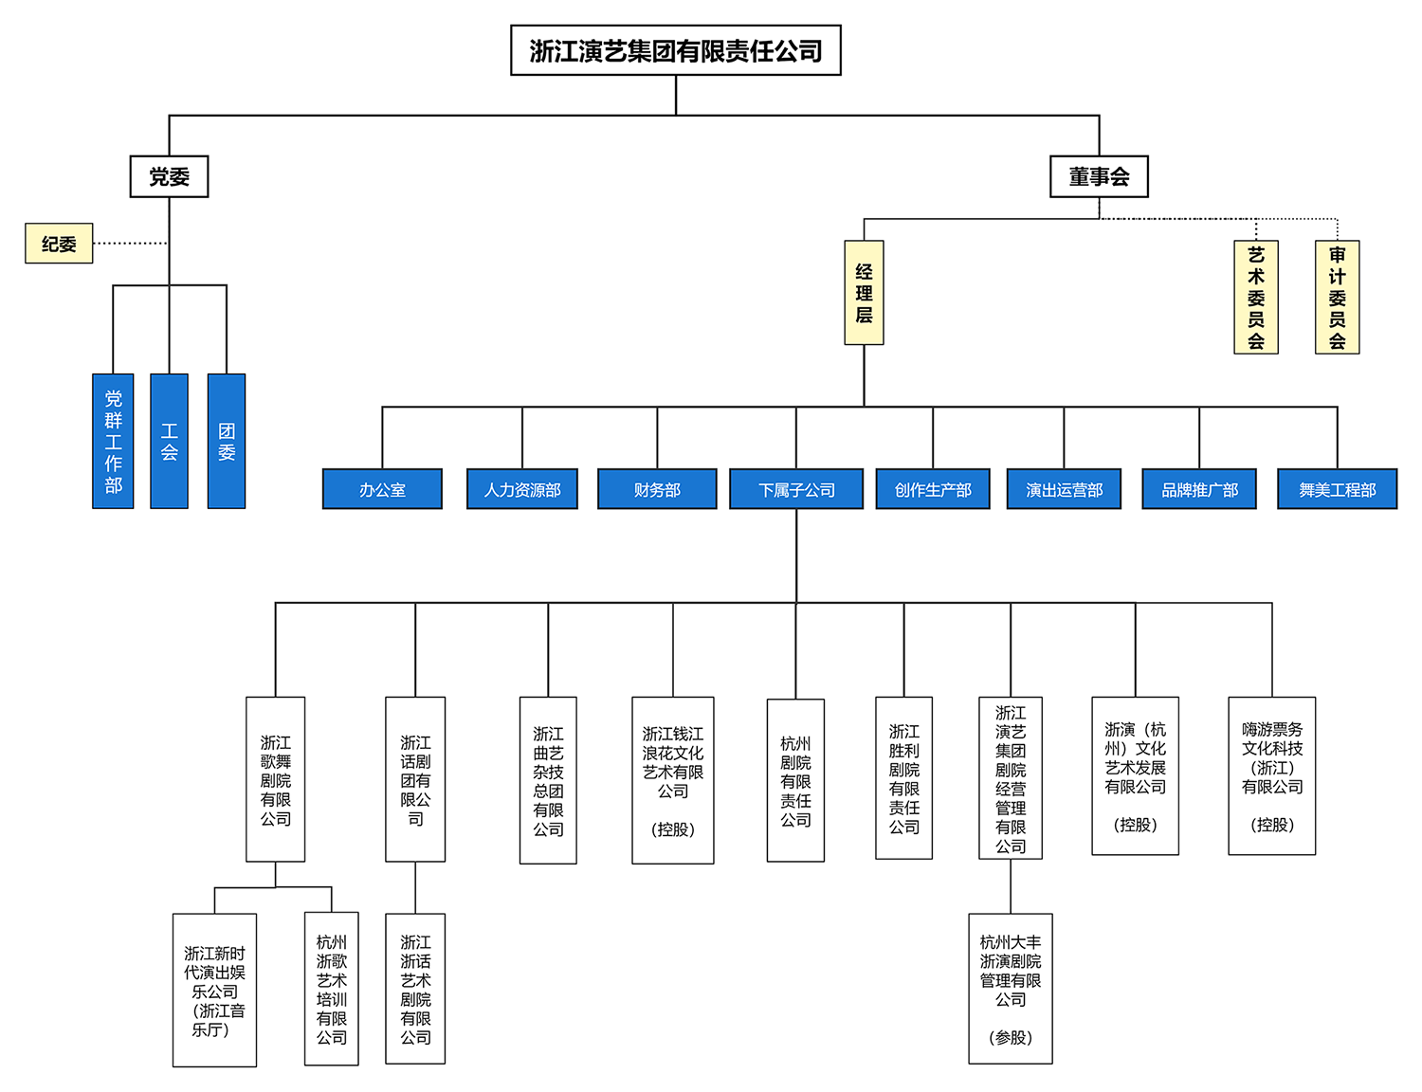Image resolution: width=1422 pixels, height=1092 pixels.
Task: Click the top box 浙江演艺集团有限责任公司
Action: pos(675,50)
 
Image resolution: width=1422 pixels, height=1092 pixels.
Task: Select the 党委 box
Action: pos(169,176)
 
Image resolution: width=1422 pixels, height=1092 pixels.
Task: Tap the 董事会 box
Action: pos(1099,176)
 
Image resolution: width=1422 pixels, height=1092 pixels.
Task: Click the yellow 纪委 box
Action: pos(59,244)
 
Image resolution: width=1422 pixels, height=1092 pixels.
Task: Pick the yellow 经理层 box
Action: pos(864,293)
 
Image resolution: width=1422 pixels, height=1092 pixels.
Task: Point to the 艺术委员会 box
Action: pos(1255,298)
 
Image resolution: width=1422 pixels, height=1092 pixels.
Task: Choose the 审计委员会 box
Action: pos(1337,298)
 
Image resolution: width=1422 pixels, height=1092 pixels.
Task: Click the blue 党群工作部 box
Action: pos(113,442)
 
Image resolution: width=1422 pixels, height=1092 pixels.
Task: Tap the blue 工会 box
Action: pos(169,442)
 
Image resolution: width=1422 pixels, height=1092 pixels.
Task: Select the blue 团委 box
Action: pos(227,442)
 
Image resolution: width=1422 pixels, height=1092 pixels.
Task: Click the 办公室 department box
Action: pos(382,489)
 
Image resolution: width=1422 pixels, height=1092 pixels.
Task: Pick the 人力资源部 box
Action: pos(522,489)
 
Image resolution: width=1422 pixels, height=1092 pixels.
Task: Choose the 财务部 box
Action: pos(657,489)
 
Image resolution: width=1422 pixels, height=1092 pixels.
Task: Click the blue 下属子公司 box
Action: pos(796,489)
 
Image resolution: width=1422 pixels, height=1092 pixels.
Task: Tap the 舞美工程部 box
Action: pos(1337,489)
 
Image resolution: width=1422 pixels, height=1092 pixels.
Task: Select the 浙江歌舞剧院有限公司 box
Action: pos(276,779)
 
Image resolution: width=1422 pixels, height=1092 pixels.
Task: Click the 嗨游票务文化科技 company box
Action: pos(1271,776)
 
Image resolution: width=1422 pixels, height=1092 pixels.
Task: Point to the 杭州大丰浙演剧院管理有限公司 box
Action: pos(1011,988)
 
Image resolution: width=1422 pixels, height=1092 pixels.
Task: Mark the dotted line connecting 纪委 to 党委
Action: pos(131,244)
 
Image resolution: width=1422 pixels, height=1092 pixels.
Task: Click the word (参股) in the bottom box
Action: pos(1011,1038)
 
